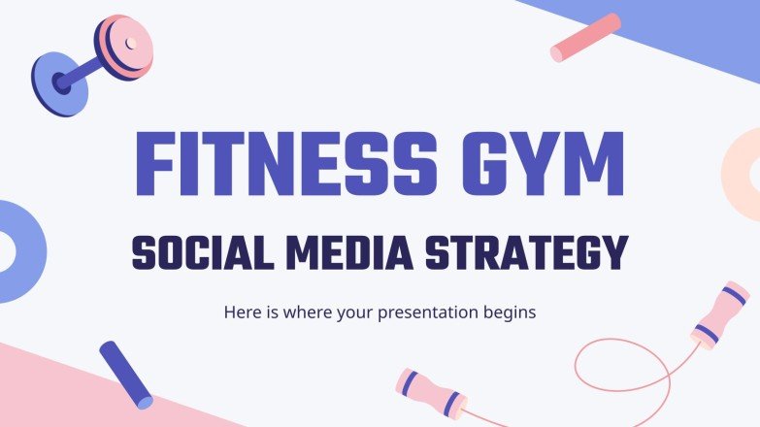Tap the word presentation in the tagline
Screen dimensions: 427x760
point(424,313)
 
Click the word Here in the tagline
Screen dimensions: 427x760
point(242,312)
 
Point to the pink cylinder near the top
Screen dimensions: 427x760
point(585,38)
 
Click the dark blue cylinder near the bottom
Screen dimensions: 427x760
point(126,374)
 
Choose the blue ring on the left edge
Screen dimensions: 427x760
point(12,250)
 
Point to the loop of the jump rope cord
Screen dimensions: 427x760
point(621,374)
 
